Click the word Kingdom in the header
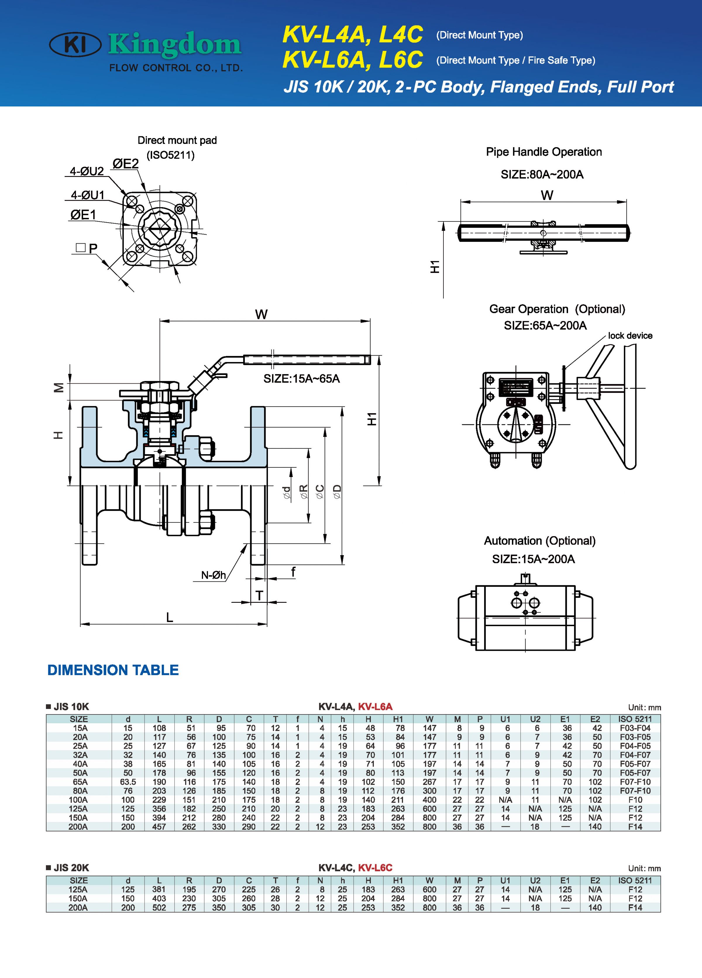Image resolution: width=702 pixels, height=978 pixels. click(x=175, y=44)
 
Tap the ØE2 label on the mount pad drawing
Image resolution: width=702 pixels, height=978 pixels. click(x=125, y=164)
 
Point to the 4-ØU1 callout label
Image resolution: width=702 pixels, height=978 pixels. click(x=87, y=195)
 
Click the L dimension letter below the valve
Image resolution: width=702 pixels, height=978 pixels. click(x=169, y=617)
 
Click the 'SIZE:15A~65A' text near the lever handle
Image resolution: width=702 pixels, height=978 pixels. click(x=301, y=379)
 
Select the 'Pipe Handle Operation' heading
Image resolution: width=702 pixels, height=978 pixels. click(x=544, y=152)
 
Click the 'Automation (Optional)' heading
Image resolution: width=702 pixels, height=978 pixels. click(x=539, y=541)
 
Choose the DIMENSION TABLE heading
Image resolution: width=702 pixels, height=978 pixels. click(x=113, y=670)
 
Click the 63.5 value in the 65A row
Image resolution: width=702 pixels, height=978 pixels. click(x=128, y=782)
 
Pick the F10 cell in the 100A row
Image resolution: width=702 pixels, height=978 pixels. click(x=635, y=800)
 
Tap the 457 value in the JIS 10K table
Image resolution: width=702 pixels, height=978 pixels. click(x=159, y=827)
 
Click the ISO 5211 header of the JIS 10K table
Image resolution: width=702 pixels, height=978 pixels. click(x=635, y=719)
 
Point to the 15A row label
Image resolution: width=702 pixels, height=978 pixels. click(x=80, y=728)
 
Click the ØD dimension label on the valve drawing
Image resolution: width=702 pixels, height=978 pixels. click(x=337, y=491)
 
